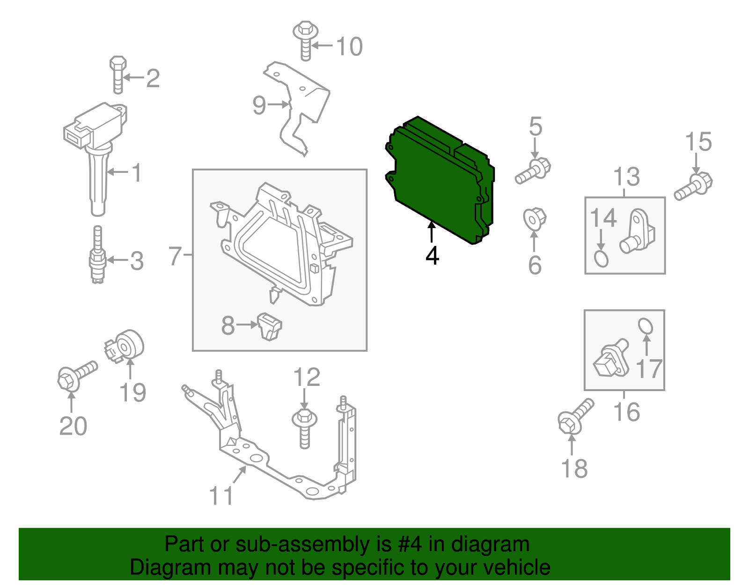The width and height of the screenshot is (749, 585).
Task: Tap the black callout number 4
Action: pos(432,256)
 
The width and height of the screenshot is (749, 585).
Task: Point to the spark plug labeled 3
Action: pos(97,257)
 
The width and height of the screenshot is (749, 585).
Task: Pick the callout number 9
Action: pos(259,105)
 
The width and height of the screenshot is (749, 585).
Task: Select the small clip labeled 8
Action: pos(270,326)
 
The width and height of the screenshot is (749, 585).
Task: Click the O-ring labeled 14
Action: pos(601,259)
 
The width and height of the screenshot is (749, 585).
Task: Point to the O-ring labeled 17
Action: pos(645,326)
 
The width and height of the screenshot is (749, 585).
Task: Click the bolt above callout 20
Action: pos(76,376)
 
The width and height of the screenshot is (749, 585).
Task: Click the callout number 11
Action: pos(221,496)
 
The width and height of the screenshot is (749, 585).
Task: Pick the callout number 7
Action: pos(175,256)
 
